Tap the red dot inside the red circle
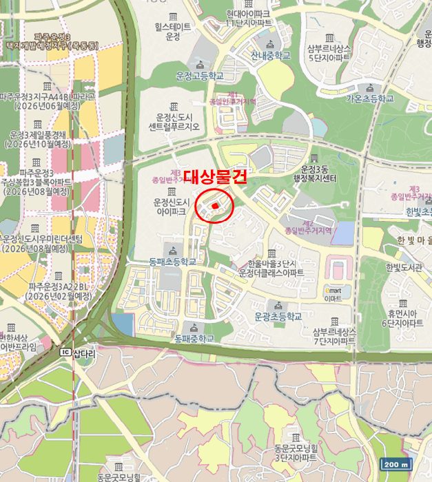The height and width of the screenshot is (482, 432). (215, 206)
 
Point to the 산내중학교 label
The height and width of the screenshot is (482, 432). (271, 55)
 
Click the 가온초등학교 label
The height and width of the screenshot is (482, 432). (369, 98)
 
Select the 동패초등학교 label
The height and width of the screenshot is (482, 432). (172, 262)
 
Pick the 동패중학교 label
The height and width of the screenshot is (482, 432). (194, 338)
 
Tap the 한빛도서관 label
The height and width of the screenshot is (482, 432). (404, 268)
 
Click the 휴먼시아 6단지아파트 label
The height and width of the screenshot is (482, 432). (403, 317)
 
